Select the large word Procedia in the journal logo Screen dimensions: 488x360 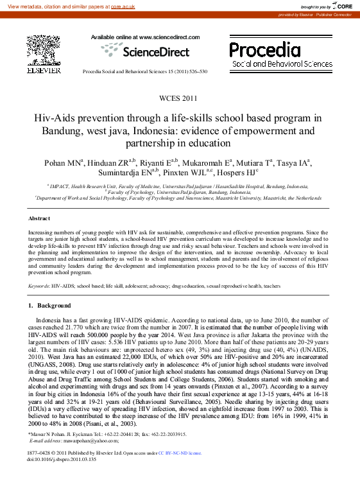point(264,50)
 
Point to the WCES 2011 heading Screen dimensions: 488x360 point(180,98)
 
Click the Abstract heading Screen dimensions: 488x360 point(40,218)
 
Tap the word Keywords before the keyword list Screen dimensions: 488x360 point(39,286)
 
